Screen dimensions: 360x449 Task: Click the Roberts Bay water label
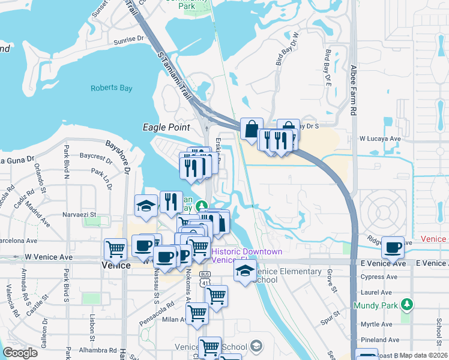click(x=110, y=88)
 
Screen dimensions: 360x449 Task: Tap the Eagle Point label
click(x=166, y=127)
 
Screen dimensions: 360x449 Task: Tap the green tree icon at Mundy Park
click(x=407, y=305)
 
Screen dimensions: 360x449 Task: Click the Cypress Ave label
click(x=381, y=277)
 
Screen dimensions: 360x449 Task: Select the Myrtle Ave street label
click(x=381, y=308)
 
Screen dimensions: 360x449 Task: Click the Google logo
click(x=20, y=353)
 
